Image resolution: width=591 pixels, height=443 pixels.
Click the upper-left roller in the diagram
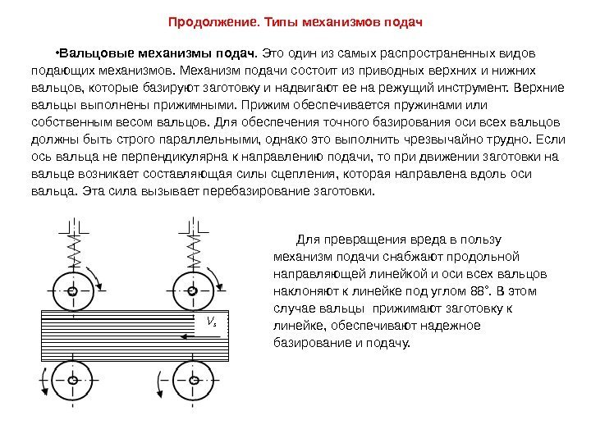[x=73, y=290]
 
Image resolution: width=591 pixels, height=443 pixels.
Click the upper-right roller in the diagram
[x=191, y=290]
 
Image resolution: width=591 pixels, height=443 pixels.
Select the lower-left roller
[x=73, y=380]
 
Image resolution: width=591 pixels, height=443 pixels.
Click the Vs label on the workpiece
[x=213, y=322]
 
